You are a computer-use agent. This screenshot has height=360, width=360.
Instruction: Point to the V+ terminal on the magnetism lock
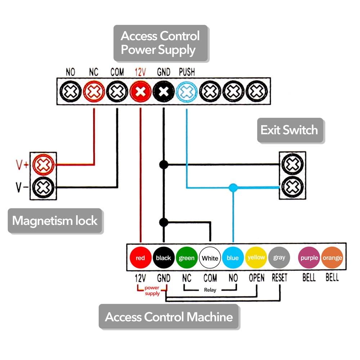pos(43,165)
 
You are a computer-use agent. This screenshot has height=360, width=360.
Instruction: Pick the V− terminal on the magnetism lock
pos(43,187)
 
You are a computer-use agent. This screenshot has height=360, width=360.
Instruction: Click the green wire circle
pos(186,258)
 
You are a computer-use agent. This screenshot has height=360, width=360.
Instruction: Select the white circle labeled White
pos(210,258)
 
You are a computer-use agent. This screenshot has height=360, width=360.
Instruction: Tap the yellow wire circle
pos(256,258)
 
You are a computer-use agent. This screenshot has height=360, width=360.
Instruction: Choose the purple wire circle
pos(309,258)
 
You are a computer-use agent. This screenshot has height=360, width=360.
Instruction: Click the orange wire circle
pos(332,258)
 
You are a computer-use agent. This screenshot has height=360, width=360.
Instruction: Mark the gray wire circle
pos(279,258)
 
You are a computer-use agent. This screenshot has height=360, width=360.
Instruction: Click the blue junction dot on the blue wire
pos(233,187)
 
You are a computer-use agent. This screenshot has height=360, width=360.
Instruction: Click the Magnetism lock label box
pos(55,220)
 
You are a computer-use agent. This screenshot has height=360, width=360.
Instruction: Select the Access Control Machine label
pos(168,317)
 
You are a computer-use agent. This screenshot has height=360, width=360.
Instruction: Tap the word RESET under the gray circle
pos(279,278)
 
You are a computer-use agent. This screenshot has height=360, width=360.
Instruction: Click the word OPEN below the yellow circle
pos(256,278)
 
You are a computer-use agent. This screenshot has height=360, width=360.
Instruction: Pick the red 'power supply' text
pos(152,291)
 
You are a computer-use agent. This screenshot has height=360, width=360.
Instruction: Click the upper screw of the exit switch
pos(292,165)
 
